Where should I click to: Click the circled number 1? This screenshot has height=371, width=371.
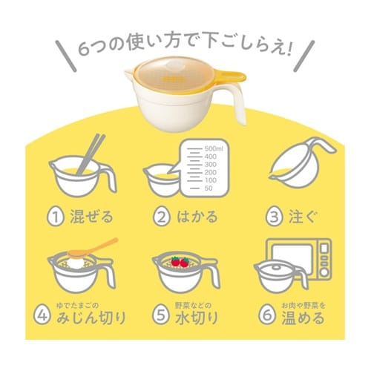pos(56,217)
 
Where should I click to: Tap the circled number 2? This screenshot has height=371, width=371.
pos(162,217)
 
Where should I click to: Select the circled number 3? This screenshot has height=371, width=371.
pos(275,217)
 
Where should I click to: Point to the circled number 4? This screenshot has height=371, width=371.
pos(42,316)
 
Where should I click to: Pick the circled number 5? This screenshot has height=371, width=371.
pos(161,316)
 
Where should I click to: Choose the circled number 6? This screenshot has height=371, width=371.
pos(267,316)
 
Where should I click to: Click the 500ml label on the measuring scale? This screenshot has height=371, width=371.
pos(214,148)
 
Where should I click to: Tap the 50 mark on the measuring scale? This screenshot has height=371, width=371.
pos(209,188)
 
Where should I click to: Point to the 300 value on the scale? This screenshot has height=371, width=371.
pos(211,165)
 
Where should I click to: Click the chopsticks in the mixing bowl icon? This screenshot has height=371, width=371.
pos(91,154)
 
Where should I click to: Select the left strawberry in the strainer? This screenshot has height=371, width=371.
pos(176,261)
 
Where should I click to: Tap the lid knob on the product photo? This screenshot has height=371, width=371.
pos(173,65)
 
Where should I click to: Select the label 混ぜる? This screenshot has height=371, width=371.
pos(91,217)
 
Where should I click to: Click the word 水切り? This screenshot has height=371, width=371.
pos(197,318)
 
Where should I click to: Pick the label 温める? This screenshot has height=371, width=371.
pos(303,318)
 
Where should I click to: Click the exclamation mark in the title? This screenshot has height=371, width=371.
pos(288,49)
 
